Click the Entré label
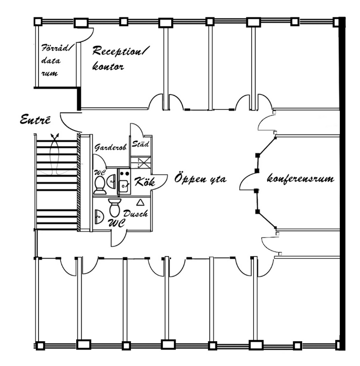pos(35,120)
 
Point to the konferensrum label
pos(301,179)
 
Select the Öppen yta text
pos(200,178)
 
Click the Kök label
pos(145,181)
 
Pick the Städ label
pos(140,144)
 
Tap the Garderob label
pos(111,147)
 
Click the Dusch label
pos(135,213)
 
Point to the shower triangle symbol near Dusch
pos(140,203)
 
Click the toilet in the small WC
pos(100,185)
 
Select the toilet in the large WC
pos(114,207)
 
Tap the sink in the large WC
pos(99,216)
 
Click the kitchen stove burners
pos(124,174)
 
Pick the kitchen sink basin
pos(124,186)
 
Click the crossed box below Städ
pos(144,163)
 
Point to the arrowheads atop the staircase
pos(55,135)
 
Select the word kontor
pos(108,67)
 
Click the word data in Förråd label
pos(51,61)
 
